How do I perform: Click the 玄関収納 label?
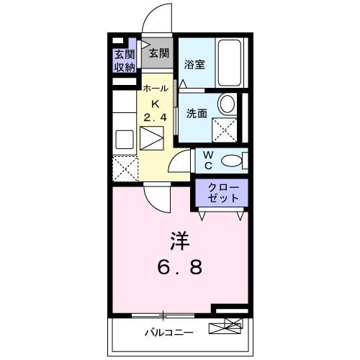click(x=124, y=60)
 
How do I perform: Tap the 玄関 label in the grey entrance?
click(x=158, y=53)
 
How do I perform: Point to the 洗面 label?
click(x=197, y=114)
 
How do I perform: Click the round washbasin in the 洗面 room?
click(x=227, y=104)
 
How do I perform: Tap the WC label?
click(x=207, y=160)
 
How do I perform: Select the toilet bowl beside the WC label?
click(x=233, y=160)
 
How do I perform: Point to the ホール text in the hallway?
click(x=156, y=89)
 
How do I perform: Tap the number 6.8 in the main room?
click(x=180, y=267)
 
